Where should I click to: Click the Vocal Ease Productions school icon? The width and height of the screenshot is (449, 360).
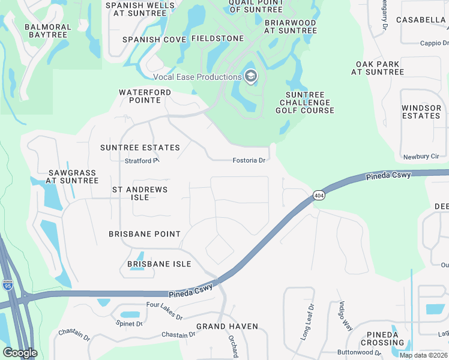pos(251,76)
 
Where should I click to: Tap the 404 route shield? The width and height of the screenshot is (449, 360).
pos(318,196)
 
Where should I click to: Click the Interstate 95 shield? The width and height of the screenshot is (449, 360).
pos(8,285)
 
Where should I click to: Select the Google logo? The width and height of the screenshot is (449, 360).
pos(20,352)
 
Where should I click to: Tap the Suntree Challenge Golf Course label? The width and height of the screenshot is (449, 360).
pos(305,103)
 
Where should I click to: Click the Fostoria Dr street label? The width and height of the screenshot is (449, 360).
pos(249,160)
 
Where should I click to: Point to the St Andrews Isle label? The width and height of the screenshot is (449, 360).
pos(140,193)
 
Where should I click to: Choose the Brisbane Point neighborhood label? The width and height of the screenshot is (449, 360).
pos(145,234)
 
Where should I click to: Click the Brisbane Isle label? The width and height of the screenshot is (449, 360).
pos(159,264)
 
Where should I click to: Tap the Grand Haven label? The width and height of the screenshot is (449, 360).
pos(227,326)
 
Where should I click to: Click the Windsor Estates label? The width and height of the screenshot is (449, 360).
pos(421,112)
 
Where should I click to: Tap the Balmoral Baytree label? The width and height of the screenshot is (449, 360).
pos(47,31)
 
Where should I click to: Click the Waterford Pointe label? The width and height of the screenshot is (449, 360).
pos(145,97)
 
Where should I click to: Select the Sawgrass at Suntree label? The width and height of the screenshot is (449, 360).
pos(73,176)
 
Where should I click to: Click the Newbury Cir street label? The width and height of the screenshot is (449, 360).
pos(421,156)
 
